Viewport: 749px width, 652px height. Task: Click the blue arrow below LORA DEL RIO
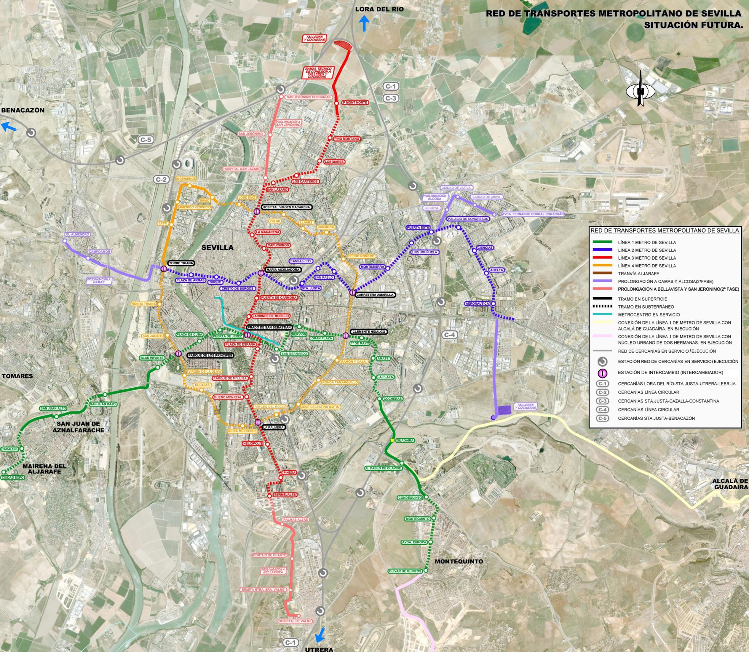[x=364, y=25]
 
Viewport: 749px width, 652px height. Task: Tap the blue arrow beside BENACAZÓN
[x=9, y=127]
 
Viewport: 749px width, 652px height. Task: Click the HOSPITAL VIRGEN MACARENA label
[x=286, y=207]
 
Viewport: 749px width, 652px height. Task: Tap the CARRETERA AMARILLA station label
[x=375, y=294]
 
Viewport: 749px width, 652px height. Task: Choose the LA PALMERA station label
[x=273, y=427]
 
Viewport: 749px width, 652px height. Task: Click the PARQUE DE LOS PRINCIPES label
[x=210, y=355]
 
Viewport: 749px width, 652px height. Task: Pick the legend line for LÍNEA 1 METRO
[x=602, y=242]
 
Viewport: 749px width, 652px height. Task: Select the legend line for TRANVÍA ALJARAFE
[x=602, y=273]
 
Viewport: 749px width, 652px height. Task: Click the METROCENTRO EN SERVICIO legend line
[x=602, y=314]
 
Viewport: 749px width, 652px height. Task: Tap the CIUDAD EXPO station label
[x=13, y=478]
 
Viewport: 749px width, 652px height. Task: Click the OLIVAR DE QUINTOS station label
[x=405, y=571]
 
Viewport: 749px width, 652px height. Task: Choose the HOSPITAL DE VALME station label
[x=295, y=621]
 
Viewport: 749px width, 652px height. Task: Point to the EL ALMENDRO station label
[x=78, y=234]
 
